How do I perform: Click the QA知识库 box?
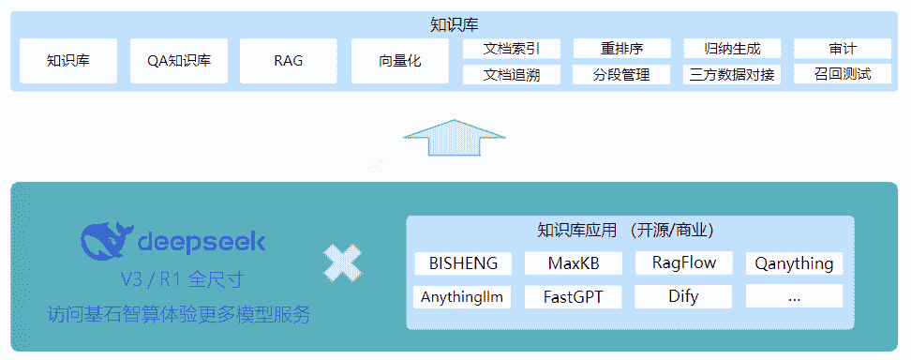pyautogui.click(x=178, y=62)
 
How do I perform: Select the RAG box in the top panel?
pyautogui.click(x=288, y=62)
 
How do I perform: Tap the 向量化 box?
pyautogui.click(x=399, y=62)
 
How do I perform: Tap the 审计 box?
pyautogui.click(x=842, y=50)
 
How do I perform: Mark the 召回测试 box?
pyautogui.click(x=842, y=74)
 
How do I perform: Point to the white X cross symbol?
pyautogui.click(x=343, y=263)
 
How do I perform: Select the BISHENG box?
pyautogui.click(x=463, y=263)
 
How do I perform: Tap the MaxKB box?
pyautogui.click(x=574, y=263)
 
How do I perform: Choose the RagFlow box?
pyautogui.click(x=684, y=263)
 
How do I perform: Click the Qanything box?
pyautogui.click(x=794, y=263)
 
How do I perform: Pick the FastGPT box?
pyautogui.click(x=574, y=297)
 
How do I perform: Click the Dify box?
pyautogui.click(x=684, y=297)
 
